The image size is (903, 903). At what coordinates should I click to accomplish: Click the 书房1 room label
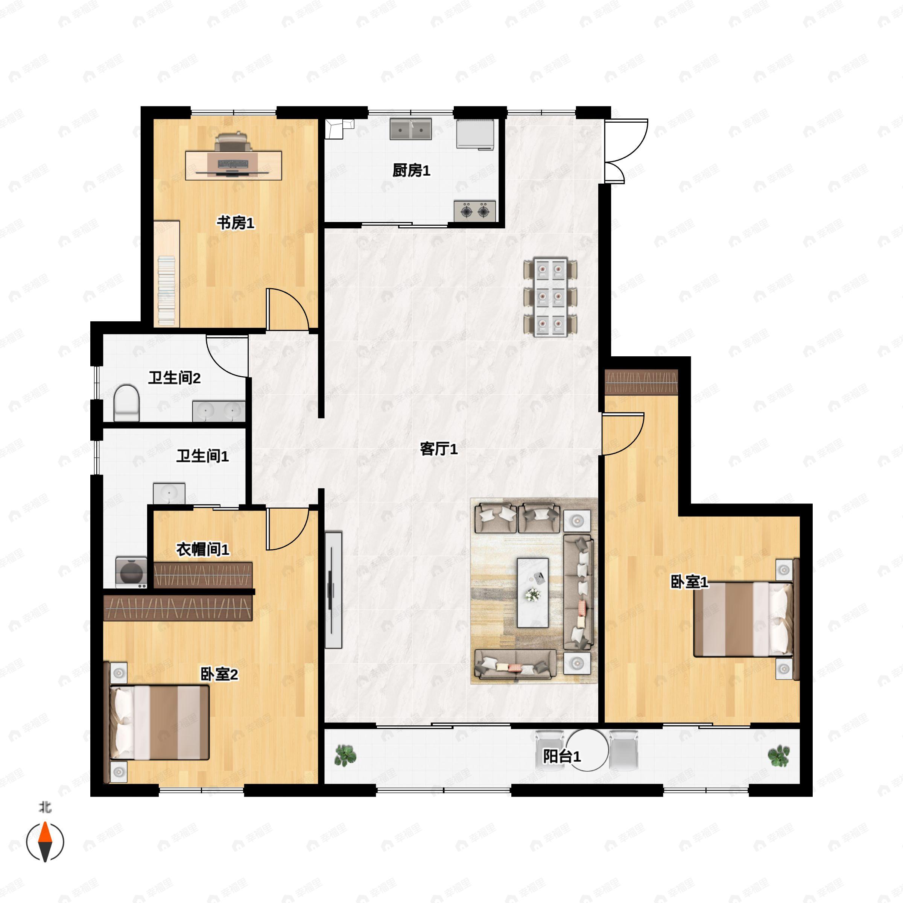pos(236,223)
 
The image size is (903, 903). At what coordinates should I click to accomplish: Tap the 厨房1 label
pos(411,170)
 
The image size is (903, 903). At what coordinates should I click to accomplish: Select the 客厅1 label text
pos(438,449)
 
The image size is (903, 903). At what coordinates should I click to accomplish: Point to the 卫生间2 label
pos(174,378)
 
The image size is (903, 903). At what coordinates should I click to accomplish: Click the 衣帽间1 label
pos(202,550)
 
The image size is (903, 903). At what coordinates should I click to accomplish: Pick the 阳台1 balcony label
pos(561,756)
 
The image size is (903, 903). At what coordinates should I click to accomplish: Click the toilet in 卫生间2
pos(127,403)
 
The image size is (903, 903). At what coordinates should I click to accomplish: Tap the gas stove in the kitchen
pos(474,211)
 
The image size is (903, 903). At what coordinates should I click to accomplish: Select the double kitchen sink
pos(411,129)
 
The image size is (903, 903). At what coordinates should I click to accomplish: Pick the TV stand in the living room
pos(333,590)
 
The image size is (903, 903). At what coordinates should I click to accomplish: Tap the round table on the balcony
pos(587,750)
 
